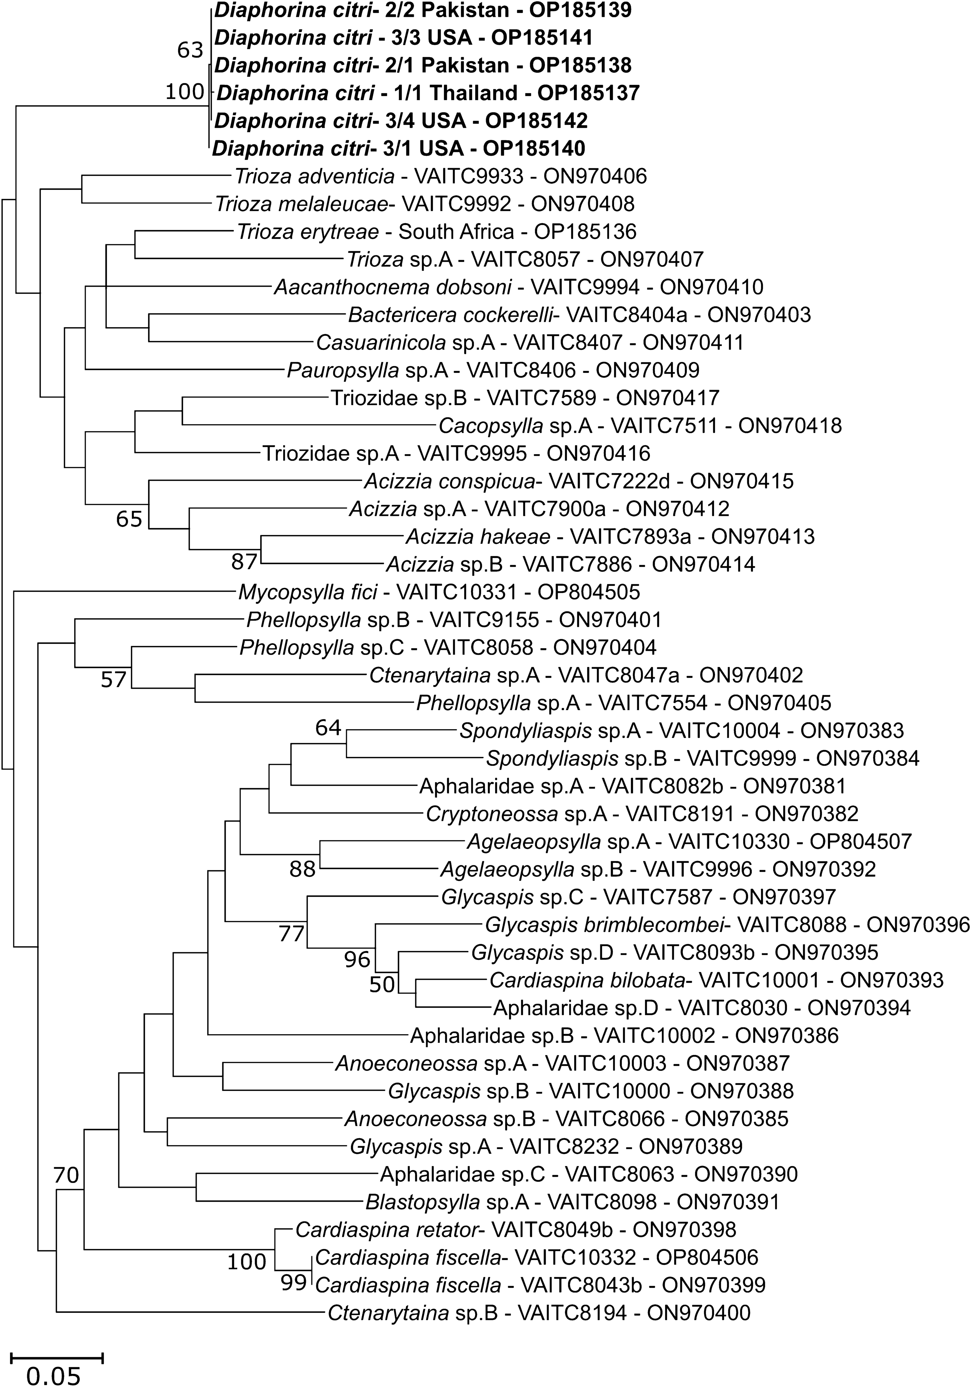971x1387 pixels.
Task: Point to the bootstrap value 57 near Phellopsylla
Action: tap(113, 680)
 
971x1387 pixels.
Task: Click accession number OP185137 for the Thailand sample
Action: tap(588, 93)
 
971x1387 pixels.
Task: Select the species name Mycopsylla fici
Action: tap(308, 592)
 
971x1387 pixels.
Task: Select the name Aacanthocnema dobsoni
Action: tap(393, 287)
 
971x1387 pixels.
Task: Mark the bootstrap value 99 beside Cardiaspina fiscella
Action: tap(294, 1282)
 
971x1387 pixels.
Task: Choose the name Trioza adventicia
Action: tap(314, 176)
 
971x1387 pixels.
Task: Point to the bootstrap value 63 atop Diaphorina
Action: tap(190, 50)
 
